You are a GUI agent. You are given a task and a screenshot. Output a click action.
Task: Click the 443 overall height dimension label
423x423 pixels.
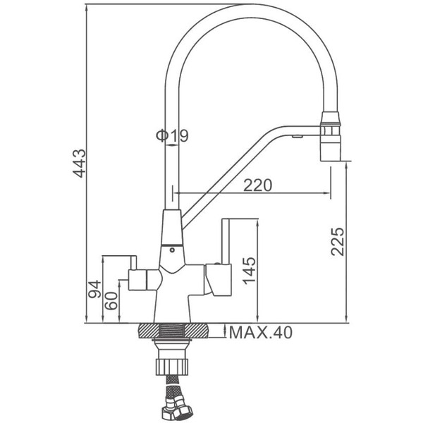80,164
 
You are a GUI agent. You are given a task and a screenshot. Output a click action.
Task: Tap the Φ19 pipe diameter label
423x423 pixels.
172,135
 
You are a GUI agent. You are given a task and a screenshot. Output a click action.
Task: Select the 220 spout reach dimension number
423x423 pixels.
257,185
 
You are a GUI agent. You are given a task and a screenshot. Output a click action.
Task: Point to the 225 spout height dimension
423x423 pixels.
338,242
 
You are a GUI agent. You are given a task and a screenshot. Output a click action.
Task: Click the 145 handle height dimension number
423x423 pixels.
249,271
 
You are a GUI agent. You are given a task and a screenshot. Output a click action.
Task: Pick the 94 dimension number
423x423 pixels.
95,289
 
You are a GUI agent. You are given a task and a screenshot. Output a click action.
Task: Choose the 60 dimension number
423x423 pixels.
111,301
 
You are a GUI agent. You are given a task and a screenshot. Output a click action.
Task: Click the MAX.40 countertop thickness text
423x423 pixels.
261,332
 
